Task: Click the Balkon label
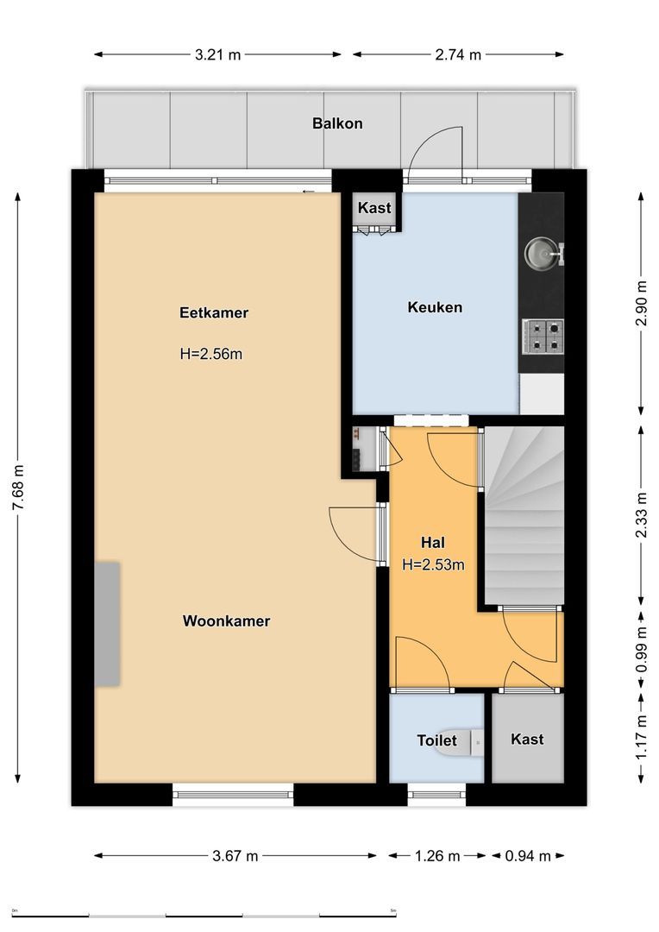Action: pos(337,123)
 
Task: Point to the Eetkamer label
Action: pos(213,313)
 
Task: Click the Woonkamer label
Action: pos(226,621)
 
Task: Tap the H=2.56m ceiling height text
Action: pos(211,353)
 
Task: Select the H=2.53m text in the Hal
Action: pos(433,566)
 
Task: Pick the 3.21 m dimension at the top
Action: pos(217,54)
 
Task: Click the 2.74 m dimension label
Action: pos(457,54)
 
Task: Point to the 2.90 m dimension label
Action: pos(640,304)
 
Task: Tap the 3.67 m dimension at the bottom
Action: pos(235,856)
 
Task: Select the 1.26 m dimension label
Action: pos(436,856)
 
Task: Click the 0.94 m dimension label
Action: pos(527,856)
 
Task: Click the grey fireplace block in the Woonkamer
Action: pos(107,624)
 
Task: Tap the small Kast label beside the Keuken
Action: pos(374,208)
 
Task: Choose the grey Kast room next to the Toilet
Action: pos(527,739)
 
